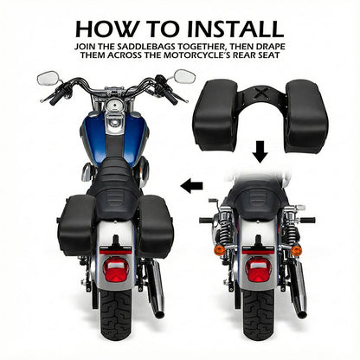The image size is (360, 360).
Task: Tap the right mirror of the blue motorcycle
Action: coord(184,76)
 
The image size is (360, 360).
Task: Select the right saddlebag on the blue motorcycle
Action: coord(155,222)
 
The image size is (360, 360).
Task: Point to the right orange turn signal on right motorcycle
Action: coord(297,250)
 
